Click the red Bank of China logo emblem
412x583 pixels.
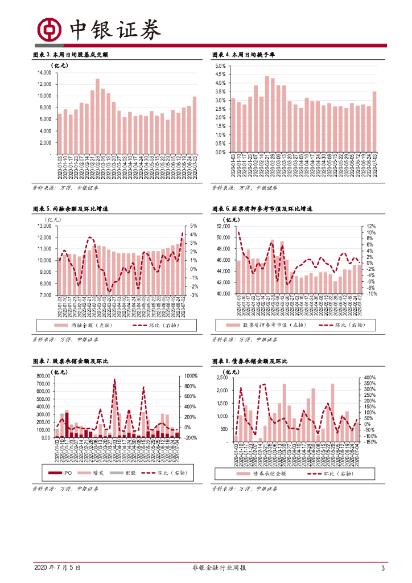tap(49, 30)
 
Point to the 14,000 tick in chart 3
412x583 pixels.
tap(44, 72)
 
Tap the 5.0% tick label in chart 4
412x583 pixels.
tap(220, 66)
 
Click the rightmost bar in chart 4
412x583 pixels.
tap(374, 122)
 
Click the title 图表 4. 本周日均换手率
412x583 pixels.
tap(244, 55)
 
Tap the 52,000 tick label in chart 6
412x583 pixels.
tap(223, 226)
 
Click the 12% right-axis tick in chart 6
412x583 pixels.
tap(371, 226)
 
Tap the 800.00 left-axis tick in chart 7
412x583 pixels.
tap(43, 376)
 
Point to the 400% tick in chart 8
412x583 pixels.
tap(369, 378)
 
